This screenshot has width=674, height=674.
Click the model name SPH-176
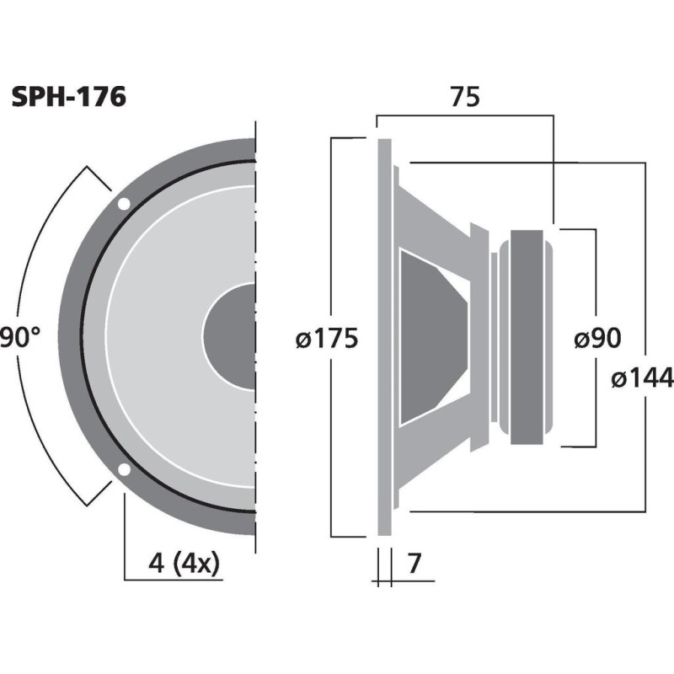point(68,98)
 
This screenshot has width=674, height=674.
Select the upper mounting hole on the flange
point(124,204)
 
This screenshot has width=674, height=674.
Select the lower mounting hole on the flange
point(124,470)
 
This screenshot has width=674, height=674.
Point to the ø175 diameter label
point(327,339)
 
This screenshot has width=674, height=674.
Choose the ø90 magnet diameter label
point(596,339)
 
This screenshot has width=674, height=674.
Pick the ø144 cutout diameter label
point(644,379)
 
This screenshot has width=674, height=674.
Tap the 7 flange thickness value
point(413,562)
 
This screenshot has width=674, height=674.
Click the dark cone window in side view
point(430,337)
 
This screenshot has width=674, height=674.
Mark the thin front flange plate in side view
point(384,337)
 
